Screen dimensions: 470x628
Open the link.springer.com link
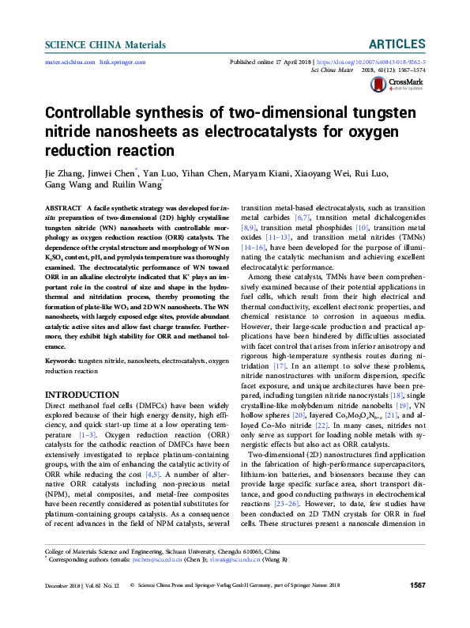[122, 61]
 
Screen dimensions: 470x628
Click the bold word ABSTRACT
[62, 206]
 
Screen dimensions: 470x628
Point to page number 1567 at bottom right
[417, 607]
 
